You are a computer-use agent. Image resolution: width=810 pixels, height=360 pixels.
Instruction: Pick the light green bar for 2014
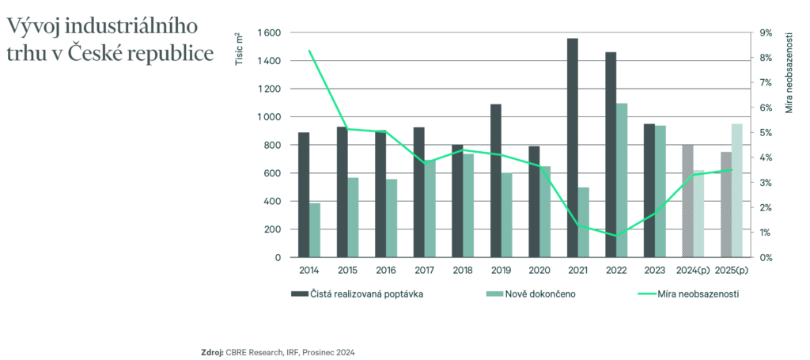[315, 230]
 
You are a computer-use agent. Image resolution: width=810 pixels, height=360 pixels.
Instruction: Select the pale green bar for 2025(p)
[736, 191]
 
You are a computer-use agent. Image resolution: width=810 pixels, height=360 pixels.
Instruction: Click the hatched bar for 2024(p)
[687, 201]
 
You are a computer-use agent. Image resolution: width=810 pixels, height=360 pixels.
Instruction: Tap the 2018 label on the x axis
[462, 270]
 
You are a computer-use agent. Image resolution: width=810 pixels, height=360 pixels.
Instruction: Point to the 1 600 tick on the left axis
[269, 33]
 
